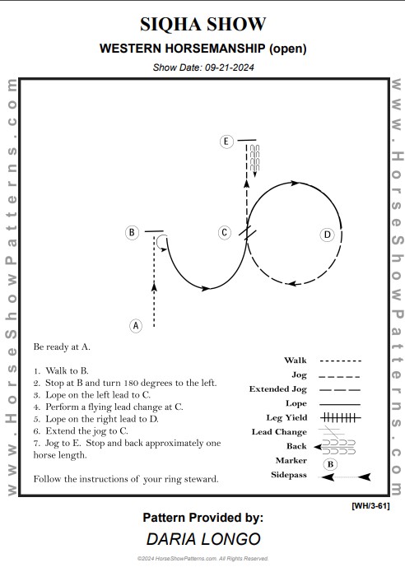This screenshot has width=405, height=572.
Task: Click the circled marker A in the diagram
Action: point(136,325)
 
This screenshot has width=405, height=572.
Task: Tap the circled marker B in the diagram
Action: point(132,232)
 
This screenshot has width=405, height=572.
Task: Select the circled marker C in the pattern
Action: point(225,232)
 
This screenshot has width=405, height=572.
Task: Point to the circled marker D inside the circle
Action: point(328,235)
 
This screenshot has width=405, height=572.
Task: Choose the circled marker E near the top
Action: point(226,142)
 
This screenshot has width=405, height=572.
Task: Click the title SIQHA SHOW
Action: point(202,25)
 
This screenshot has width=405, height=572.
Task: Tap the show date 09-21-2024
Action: point(229,67)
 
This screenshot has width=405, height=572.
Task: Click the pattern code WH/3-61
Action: point(370,506)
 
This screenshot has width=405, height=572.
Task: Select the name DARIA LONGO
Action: point(203,539)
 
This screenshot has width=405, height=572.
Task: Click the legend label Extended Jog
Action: point(278,389)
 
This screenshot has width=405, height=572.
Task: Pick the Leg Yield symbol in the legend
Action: point(341,417)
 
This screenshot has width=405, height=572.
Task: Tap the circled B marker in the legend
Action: point(330,464)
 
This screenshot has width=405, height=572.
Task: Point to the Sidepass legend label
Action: point(289,475)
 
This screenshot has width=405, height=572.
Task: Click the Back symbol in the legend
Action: point(335,447)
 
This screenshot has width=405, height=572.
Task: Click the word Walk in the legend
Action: point(296,360)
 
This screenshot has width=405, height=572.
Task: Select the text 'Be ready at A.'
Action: point(62,346)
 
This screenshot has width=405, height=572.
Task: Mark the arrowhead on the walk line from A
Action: point(154,287)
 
